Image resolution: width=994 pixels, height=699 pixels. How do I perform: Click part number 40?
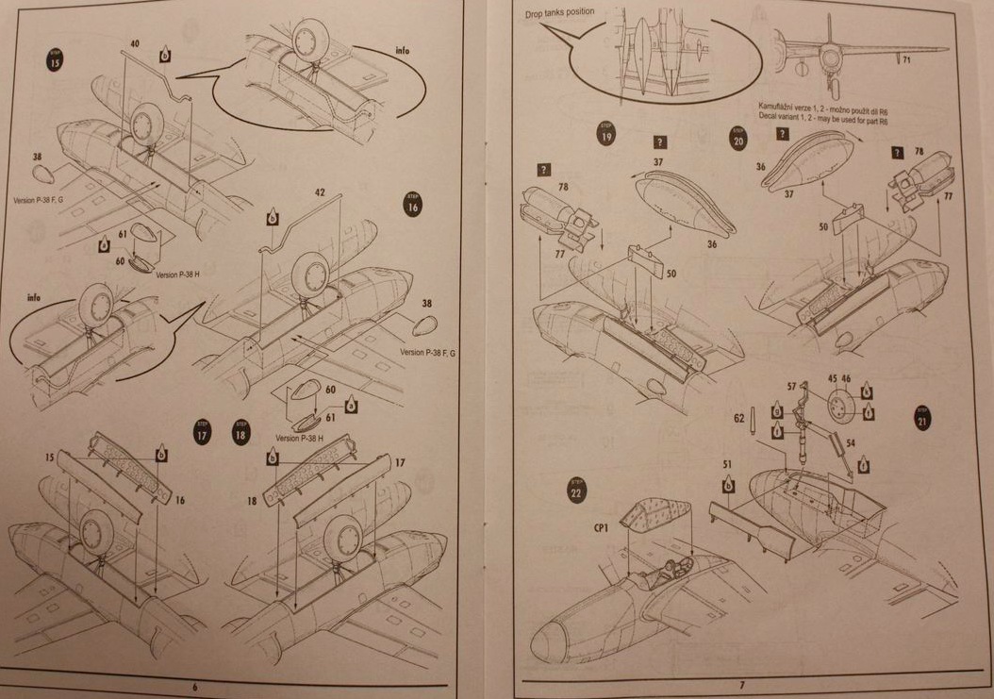coord(135,43)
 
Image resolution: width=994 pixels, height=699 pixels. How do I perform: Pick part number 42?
coord(320,191)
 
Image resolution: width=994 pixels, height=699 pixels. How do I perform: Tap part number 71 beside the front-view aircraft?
coord(906,61)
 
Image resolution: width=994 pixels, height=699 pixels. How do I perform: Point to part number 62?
coord(739,415)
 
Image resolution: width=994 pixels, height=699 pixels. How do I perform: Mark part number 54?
coord(851,441)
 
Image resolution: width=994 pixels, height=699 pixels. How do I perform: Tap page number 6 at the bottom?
coord(195,687)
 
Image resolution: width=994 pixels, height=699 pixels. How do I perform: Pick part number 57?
coord(792,386)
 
